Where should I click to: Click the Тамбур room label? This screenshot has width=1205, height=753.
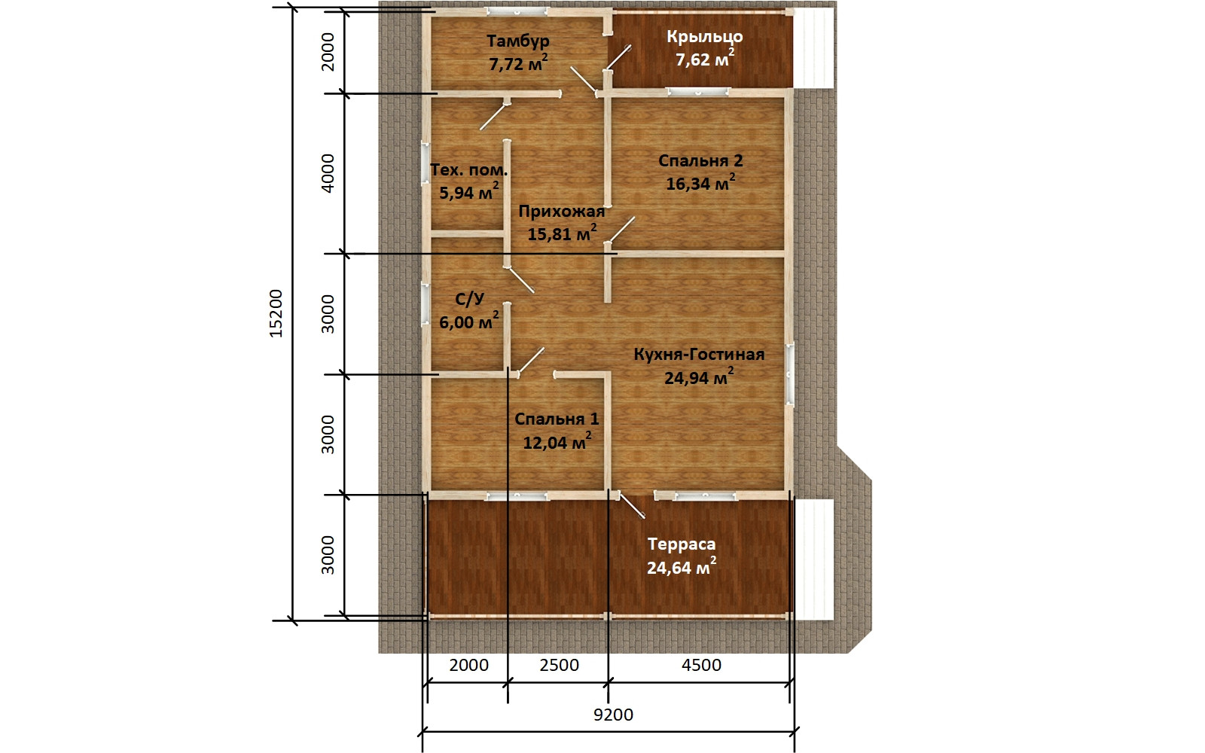pyautogui.click(x=518, y=41)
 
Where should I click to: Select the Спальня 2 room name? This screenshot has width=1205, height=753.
pyautogui.click(x=700, y=160)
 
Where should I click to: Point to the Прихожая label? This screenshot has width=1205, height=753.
pyautogui.click(x=562, y=212)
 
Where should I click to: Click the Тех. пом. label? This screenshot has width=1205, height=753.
pyautogui.click(x=468, y=170)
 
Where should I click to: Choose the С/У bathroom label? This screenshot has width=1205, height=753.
pyautogui.click(x=470, y=299)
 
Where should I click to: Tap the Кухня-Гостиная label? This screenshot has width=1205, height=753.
pyautogui.click(x=699, y=355)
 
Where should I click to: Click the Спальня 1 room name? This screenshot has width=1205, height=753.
pyautogui.click(x=557, y=419)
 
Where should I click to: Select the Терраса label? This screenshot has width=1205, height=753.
pyautogui.click(x=682, y=544)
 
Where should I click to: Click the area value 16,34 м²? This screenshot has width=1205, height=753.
pyautogui.click(x=700, y=183)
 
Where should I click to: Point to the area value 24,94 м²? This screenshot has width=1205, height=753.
pyautogui.click(x=699, y=377)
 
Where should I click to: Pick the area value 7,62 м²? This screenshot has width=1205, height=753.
pyautogui.click(x=705, y=59)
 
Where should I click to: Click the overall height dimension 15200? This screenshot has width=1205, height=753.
pyautogui.click(x=276, y=313)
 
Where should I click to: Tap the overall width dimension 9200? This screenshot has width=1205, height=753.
pyautogui.click(x=613, y=715)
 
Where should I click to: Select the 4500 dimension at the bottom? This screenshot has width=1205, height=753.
pyautogui.click(x=701, y=666)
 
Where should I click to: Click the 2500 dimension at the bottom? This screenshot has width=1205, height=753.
pyautogui.click(x=560, y=666)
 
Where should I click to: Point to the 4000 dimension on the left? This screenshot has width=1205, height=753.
pyautogui.click(x=328, y=173)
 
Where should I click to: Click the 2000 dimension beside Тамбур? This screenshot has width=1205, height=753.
pyautogui.click(x=328, y=52)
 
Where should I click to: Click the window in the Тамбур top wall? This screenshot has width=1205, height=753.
pyautogui.click(x=517, y=11)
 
